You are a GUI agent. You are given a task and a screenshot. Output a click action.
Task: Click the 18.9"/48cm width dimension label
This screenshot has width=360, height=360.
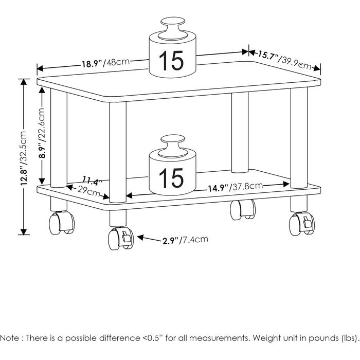coord(105,64)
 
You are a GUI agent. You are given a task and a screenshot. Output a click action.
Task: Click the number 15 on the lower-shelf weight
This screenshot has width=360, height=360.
coord(171,178)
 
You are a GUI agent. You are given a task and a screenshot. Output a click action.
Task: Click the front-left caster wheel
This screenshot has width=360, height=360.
coord(61,223)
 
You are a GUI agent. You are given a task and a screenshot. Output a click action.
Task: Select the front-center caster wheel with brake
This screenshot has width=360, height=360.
coord(120,238)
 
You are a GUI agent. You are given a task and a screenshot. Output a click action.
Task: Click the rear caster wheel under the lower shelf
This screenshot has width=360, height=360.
coord(243,209)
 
